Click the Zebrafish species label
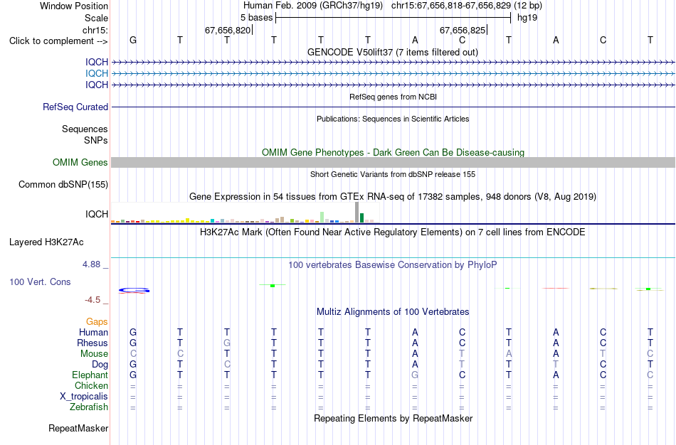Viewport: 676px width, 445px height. click(x=89, y=407)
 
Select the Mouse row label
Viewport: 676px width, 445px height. click(x=94, y=354)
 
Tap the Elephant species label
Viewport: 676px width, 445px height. click(x=90, y=375)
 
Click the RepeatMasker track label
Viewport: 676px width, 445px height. click(x=78, y=428)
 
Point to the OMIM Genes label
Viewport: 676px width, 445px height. click(x=80, y=162)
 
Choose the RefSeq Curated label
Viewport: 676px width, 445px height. click(x=75, y=107)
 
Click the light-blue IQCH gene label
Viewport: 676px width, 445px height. click(x=97, y=74)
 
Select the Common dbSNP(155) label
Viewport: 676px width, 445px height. click(x=63, y=184)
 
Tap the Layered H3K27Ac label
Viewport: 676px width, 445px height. click(x=46, y=242)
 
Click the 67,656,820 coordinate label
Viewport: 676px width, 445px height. click(x=228, y=30)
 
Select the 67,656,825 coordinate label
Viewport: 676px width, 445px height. click(x=463, y=30)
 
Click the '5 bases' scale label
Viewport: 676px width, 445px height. click(x=256, y=18)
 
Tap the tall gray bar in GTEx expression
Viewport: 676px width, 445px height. click(x=357, y=213)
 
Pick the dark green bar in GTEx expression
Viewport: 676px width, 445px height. click(x=362, y=218)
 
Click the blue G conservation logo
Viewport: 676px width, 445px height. click(x=134, y=291)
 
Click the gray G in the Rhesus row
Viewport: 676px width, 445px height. click(x=227, y=343)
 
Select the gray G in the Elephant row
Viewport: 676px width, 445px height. click(x=415, y=375)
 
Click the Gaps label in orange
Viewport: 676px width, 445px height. click(x=97, y=322)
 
